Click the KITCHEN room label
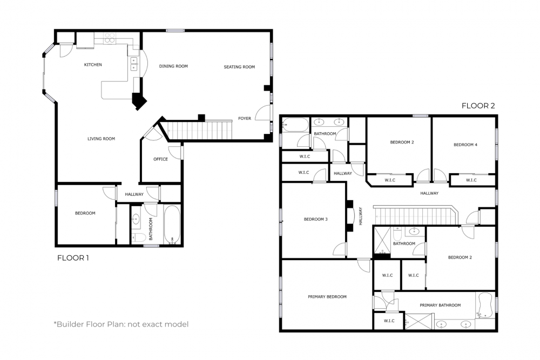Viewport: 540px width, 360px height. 93,65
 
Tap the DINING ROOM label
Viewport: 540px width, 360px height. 173,66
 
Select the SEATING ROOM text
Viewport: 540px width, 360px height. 239,67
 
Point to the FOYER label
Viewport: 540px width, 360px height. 245,118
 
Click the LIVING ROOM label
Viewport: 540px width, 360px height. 102,139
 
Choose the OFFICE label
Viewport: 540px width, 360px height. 160,159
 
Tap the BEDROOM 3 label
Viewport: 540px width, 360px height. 316,219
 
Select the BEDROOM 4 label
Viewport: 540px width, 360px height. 465,145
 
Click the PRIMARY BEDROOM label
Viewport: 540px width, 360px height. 327,297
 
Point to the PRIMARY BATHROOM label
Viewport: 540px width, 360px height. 440,305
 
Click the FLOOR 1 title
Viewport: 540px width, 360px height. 73,258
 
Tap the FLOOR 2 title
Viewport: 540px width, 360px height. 478,106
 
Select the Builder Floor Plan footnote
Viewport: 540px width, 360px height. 121,324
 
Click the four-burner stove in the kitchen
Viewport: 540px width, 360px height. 110,38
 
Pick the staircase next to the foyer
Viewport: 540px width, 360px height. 199,130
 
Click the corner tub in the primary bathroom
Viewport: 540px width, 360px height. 484,305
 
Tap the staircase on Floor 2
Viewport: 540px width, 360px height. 413,214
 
